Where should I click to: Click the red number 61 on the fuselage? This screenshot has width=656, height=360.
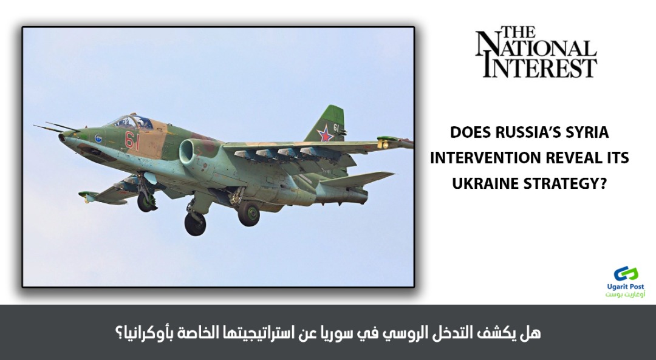pos(132,140)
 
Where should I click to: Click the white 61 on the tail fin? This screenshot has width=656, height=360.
pos(336,127)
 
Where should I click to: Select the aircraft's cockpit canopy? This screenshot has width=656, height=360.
pos(131,121)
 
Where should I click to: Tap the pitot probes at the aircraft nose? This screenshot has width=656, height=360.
pos(55,127)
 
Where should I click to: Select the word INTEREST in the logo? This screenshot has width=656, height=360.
pos(540,69)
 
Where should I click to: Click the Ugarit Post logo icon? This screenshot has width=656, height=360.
pos(626,274)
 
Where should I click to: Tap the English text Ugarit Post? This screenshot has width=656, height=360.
pos(626,287)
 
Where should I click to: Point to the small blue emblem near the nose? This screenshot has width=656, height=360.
pos(98,138)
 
